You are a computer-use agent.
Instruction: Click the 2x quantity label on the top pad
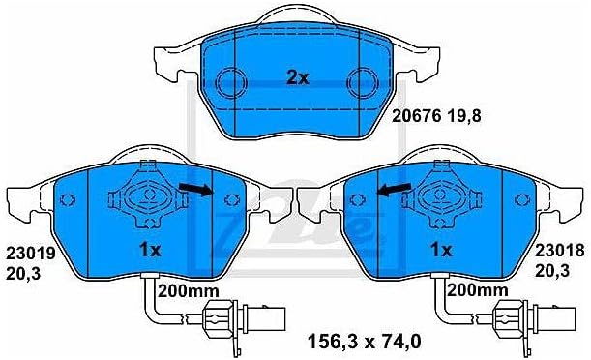tap(297, 78)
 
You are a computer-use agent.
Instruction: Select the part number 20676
tap(416, 116)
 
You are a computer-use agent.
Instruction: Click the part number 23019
tap(31, 253)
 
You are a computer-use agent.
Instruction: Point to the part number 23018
tap(560, 250)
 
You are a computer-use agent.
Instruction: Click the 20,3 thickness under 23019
tap(23, 273)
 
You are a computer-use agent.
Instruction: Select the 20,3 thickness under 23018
tap(552, 270)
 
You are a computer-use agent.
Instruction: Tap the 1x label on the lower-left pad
tap(150, 250)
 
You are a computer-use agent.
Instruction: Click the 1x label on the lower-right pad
tap(441, 250)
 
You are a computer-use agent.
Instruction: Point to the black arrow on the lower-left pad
tap(196, 190)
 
